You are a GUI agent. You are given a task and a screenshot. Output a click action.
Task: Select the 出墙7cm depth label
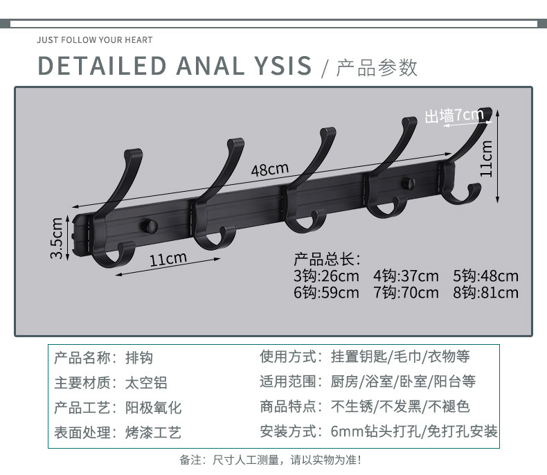(454, 115)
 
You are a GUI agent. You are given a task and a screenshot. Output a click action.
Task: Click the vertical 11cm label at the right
(487, 159)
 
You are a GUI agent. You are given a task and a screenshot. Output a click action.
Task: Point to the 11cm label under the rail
(168, 260)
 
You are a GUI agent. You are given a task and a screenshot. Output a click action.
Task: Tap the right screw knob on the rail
(409, 184)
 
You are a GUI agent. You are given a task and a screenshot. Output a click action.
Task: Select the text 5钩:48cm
(485, 276)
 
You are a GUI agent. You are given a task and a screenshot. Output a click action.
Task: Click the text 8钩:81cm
(485, 293)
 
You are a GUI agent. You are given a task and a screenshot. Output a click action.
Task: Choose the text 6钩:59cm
(326, 293)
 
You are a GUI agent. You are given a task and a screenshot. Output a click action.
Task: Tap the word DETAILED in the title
(102, 66)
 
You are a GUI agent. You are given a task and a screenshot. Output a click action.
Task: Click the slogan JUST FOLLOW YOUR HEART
(95, 40)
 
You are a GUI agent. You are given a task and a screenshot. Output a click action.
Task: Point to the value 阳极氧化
(152, 407)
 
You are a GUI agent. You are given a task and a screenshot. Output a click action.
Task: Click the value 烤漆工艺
(152, 433)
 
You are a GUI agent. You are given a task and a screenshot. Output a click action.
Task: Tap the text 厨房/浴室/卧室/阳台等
(404, 382)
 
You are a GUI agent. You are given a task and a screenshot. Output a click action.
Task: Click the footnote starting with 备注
(270, 459)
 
